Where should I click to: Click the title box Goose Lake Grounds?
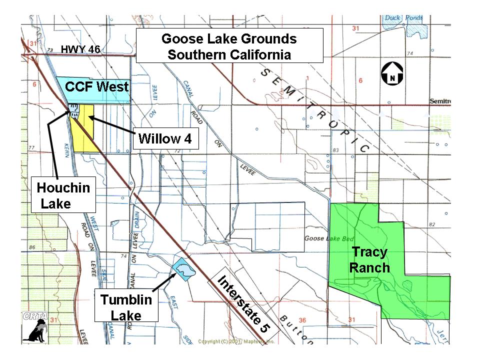(x=229, y=46)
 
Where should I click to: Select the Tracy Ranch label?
(x=369, y=259)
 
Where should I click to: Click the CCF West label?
(x=97, y=86)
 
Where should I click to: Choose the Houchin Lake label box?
(x=63, y=195)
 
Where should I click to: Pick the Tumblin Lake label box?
(x=126, y=307)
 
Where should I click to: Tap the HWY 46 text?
(x=80, y=49)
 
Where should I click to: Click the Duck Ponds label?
(x=404, y=18)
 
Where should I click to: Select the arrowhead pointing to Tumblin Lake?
(x=174, y=274)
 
